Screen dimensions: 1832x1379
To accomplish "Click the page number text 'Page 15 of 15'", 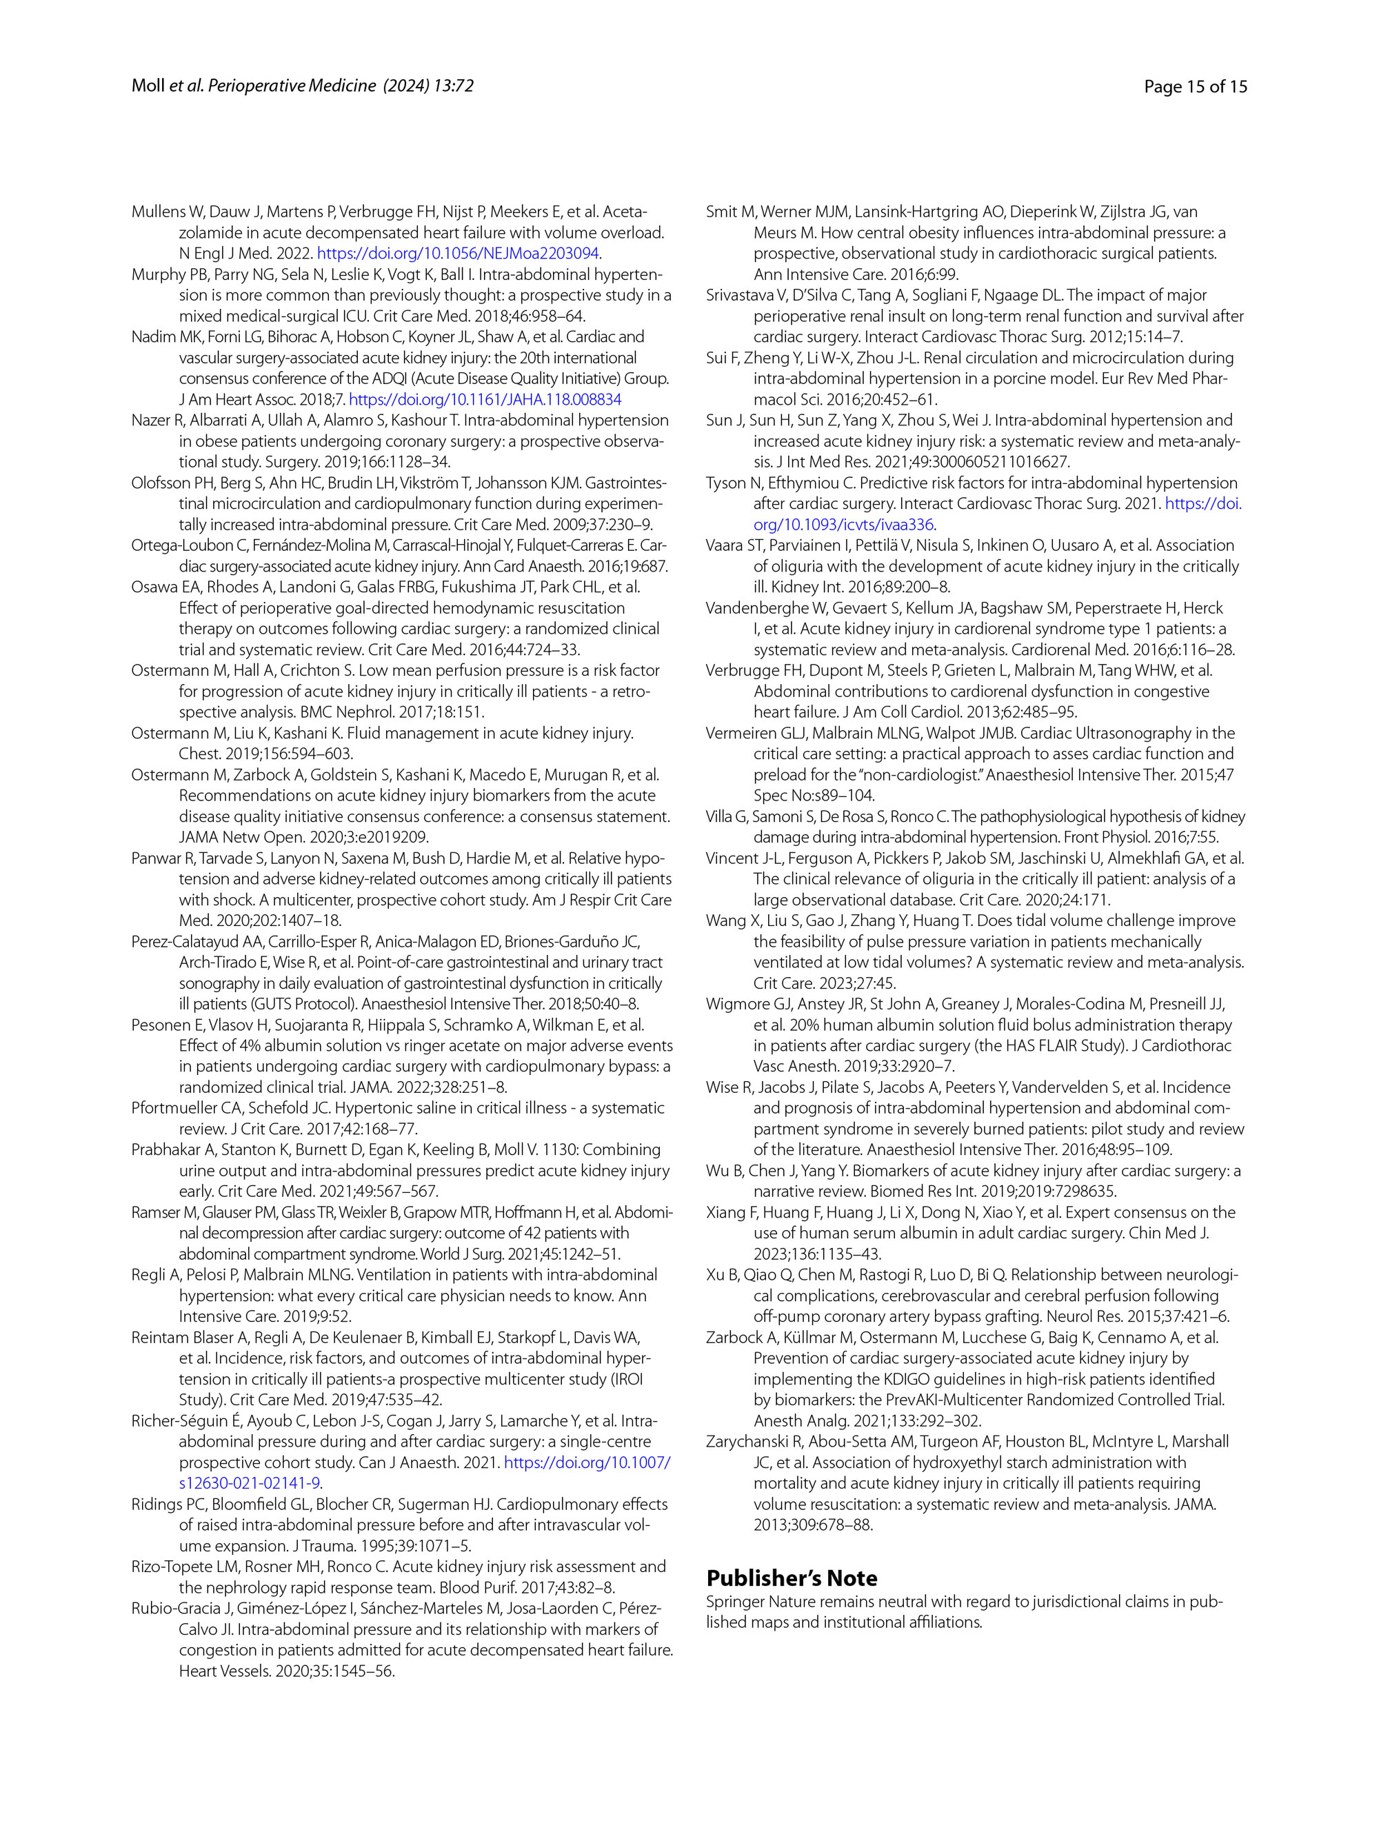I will coord(1194,86).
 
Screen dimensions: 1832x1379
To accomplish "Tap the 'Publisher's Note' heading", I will coord(791,1578).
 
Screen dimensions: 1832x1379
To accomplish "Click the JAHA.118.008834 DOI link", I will coord(485,399).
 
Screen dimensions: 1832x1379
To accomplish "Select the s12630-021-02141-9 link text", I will coord(250,1482).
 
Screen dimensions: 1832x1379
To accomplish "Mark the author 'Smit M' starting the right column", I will coord(729,212).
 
